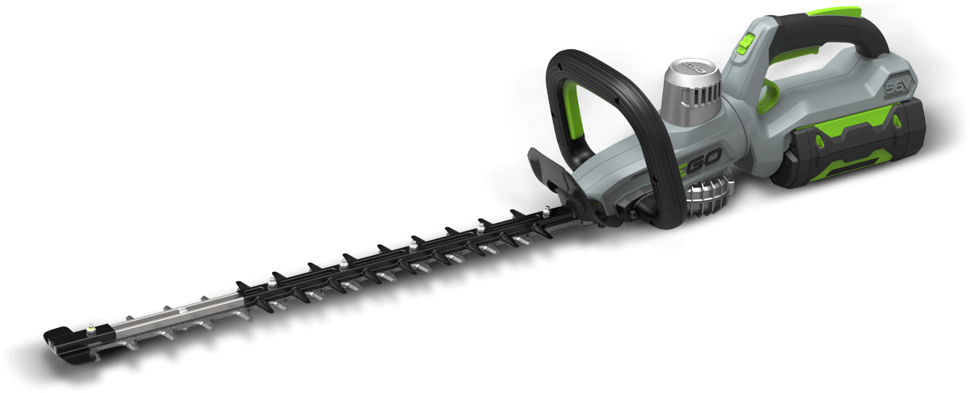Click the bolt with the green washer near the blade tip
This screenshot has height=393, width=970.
click(x=93, y=327)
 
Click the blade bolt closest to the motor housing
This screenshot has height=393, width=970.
click(x=547, y=210)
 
